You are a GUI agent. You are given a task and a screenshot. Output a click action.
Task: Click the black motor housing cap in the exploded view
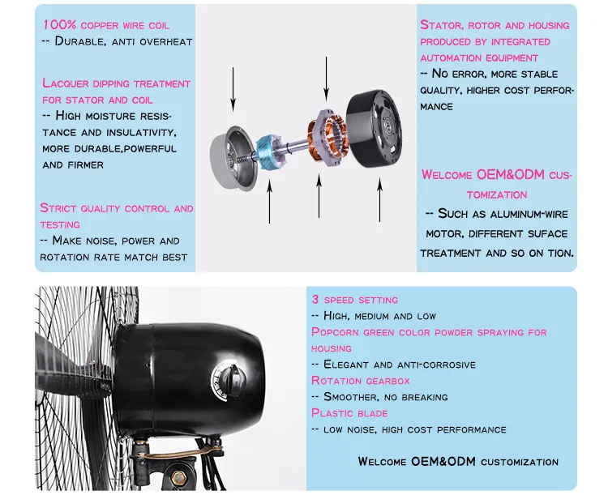click(x=375, y=129)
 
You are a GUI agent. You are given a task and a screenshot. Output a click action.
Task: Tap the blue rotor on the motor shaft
click(x=268, y=152)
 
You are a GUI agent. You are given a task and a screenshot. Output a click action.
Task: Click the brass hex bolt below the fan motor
click(x=178, y=477)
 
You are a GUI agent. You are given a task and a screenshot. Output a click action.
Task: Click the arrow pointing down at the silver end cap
click(x=233, y=89)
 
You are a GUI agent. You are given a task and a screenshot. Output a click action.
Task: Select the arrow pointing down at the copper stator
click(x=326, y=79)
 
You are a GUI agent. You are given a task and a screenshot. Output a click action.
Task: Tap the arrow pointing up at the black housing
click(x=379, y=200)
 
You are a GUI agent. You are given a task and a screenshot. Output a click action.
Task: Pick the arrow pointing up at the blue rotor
click(x=269, y=201)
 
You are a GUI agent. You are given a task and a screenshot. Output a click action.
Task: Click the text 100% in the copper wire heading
click(x=60, y=25)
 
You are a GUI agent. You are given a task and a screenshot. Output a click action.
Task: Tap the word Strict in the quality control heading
click(x=58, y=208)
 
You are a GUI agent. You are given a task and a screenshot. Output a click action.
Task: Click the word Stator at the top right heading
click(x=442, y=25)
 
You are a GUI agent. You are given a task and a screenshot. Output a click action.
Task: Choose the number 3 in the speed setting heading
click(x=315, y=299)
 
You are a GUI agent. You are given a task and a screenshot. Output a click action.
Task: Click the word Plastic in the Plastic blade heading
click(x=332, y=413)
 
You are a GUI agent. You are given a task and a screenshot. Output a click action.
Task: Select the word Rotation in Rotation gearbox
click(x=336, y=380)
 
